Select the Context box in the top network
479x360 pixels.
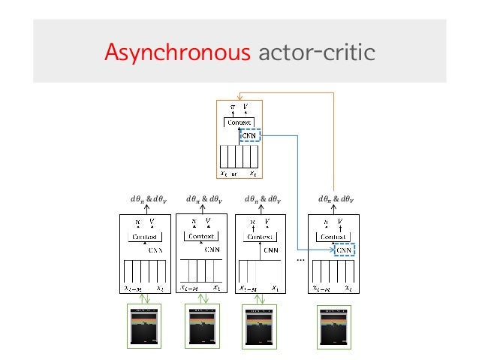tap(239, 123)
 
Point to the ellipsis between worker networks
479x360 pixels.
tap(301, 259)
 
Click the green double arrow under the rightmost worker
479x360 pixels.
tap(334, 298)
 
